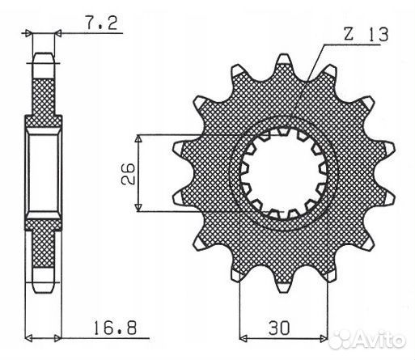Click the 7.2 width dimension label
(102, 23)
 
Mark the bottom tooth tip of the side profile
(44, 288)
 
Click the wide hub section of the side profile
(44, 173)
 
